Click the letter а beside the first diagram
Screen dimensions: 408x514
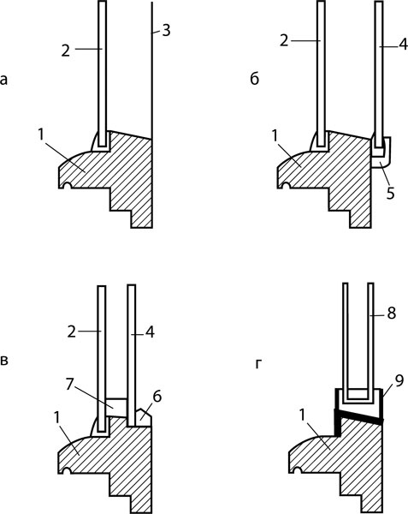click(x=3, y=80)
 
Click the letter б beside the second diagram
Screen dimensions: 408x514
click(x=255, y=79)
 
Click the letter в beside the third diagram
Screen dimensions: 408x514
click(x=4, y=361)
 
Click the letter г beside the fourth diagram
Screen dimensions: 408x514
click(x=258, y=364)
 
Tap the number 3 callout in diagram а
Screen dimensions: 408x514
click(x=166, y=31)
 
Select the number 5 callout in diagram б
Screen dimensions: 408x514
click(x=390, y=193)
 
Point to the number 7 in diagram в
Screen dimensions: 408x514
click(x=69, y=384)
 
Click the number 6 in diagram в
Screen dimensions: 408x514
click(x=157, y=397)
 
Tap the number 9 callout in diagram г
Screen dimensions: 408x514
click(x=399, y=382)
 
